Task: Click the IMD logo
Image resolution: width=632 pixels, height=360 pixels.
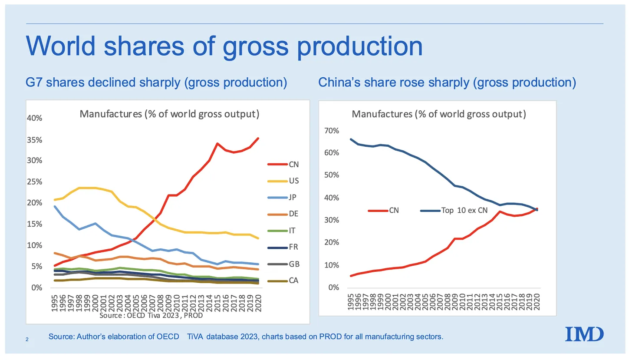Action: tap(584, 334)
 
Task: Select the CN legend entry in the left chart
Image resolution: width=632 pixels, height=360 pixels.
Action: tap(283, 164)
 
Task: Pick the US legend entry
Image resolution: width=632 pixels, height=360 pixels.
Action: tap(283, 181)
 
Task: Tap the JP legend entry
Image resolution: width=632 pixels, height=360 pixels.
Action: tap(282, 197)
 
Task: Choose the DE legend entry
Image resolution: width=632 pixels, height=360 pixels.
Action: tap(283, 214)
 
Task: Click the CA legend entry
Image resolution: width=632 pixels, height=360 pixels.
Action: tap(283, 281)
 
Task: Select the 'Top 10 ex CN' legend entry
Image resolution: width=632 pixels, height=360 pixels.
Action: tap(454, 210)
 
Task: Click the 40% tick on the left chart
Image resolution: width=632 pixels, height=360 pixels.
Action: tap(34, 118)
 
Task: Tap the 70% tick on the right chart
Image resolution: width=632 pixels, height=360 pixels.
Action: tap(332, 131)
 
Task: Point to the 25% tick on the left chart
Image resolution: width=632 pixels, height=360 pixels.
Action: tap(34, 182)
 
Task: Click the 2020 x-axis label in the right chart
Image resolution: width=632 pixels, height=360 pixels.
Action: tap(537, 301)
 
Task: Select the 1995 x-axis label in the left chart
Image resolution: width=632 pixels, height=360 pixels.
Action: tap(54, 303)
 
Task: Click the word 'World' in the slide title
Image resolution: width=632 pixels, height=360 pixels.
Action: tap(60, 46)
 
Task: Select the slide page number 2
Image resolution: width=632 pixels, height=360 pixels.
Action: tap(27, 340)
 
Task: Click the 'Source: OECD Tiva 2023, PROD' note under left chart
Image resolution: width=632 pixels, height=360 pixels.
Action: tap(151, 315)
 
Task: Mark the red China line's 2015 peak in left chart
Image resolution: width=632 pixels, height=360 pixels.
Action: tap(217, 143)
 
